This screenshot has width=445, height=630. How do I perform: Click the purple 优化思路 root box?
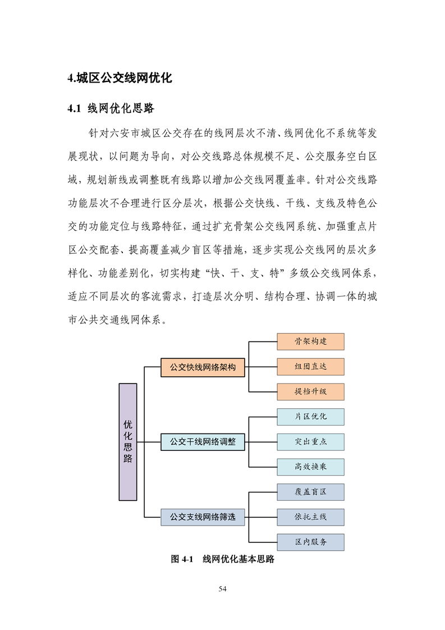coord(128,442)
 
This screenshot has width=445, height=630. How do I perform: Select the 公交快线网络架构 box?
coord(203,368)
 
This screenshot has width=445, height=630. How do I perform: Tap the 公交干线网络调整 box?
coord(203,442)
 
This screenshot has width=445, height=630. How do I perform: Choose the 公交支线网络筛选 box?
coord(203,517)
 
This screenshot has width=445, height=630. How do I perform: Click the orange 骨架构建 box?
coord(310,341)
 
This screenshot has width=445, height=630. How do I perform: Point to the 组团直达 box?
coord(310,367)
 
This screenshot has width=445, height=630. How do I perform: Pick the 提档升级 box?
coord(310,391)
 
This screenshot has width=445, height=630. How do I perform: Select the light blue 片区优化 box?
coord(310,417)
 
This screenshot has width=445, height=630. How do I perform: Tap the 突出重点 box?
coord(310,441)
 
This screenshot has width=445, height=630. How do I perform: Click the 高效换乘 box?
coord(310,467)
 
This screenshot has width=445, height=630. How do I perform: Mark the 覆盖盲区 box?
coord(310,492)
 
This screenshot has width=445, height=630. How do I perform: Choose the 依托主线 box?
coord(310,517)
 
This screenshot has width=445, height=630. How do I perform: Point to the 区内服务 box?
coord(310,542)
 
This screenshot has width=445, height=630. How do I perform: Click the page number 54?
coord(222,589)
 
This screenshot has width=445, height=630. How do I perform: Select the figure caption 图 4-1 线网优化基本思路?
coord(222,559)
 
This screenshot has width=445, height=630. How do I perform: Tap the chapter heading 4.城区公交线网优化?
coord(120,78)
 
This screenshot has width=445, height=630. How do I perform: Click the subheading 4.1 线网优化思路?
coord(111,108)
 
